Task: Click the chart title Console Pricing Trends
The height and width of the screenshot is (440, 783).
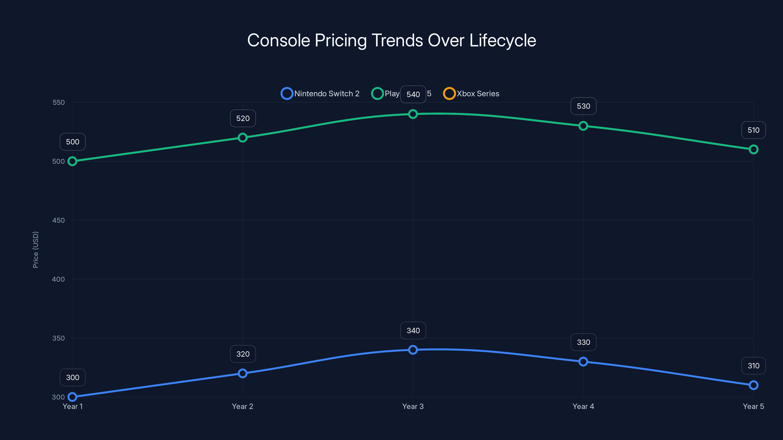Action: pos(391,40)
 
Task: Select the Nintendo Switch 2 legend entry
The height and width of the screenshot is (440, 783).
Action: pos(320,94)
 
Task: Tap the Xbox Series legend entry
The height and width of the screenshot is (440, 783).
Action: pos(471,94)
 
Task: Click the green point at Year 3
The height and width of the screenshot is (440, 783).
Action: pos(413,114)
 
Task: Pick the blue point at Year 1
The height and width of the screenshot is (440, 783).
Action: pos(72,397)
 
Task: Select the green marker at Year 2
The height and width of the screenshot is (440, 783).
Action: pos(242,138)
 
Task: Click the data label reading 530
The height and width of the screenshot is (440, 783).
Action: pos(583,106)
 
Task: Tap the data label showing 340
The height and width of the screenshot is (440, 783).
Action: pos(413,330)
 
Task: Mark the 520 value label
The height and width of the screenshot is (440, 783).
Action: pos(243,118)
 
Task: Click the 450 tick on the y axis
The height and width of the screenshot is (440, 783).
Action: pos(58,220)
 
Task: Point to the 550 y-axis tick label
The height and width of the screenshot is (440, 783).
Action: pos(58,102)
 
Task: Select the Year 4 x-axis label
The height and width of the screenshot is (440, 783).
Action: pos(583,406)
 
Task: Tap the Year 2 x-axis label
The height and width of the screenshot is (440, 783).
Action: pos(242,406)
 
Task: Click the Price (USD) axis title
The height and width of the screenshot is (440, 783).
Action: pos(35,250)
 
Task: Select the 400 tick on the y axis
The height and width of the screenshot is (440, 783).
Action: pos(58,279)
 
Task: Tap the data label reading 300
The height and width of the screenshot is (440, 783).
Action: pos(73,377)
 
